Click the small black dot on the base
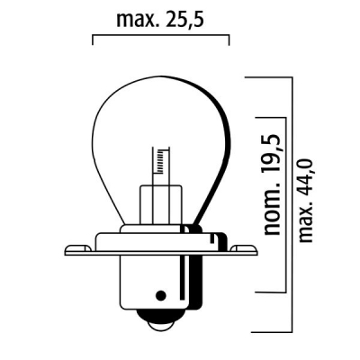(161, 294)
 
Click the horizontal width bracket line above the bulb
(162, 38)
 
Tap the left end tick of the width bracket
(94, 41)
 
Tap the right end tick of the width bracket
(229, 41)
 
